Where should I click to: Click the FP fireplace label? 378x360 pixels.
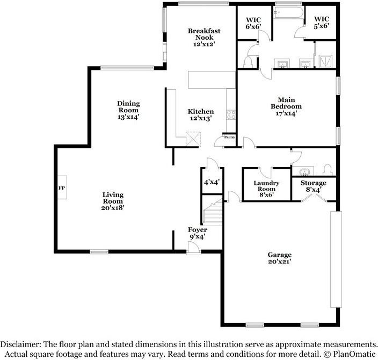pos(61,189)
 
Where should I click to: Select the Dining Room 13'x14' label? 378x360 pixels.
pos(128,110)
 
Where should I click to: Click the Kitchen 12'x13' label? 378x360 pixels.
pos(200,115)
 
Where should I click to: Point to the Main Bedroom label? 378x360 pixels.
pos(286,106)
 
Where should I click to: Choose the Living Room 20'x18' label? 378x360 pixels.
pos(113,201)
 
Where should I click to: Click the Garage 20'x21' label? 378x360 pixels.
pos(279,258)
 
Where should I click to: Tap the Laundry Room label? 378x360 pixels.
pos(265,185)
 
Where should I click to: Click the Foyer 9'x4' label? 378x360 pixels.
pos(197,233)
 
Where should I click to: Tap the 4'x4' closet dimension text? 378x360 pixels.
pos(209,182)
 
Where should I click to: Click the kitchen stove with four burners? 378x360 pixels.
pos(231,114)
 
